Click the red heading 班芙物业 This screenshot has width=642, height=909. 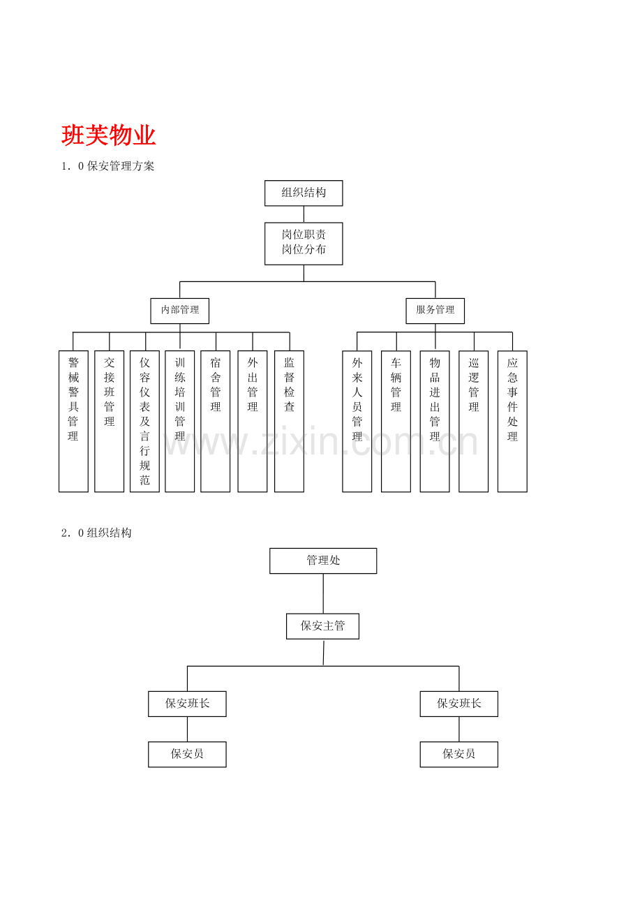[109, 135]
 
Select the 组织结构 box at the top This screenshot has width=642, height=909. [304, 193]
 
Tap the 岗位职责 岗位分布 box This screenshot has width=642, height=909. [304, 243]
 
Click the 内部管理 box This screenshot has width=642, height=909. [180, 310]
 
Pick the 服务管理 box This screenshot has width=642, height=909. [435, 310]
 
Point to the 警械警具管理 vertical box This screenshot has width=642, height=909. [73, 421]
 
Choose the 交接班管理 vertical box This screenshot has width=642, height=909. [110, 421]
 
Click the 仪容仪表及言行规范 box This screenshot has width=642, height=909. [144, 421]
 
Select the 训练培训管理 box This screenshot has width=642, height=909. [180, 421]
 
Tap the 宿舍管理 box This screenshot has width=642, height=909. [216, 421]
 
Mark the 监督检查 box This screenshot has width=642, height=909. [289, 421]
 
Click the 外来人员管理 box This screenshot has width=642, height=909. [357, 421]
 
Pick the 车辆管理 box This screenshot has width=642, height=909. [396, 421]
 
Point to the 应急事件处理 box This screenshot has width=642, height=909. [512, 421]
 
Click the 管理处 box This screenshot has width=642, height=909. [323, 561]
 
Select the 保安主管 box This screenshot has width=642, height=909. [322, 626]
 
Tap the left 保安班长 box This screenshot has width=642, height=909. [187, 704]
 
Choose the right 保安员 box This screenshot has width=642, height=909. [459, 754]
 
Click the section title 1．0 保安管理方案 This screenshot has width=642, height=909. [108, 166]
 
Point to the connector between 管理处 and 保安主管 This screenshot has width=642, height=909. [323, 593]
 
